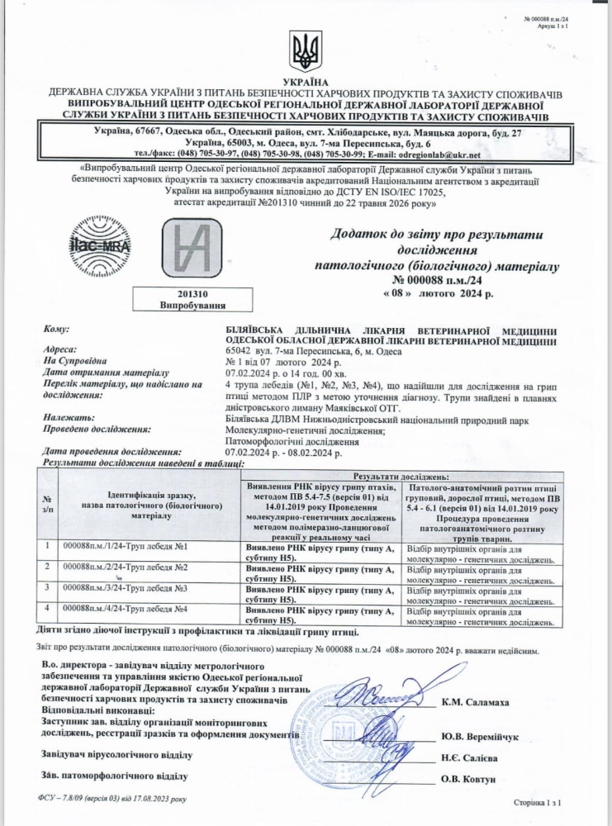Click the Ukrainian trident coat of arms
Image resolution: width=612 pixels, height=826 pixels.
[305, 52]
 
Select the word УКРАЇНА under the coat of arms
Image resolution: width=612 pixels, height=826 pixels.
[305, 83]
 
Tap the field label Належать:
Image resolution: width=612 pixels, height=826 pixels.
[65, 418]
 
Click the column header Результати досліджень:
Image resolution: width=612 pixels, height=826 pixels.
[401, 477]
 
